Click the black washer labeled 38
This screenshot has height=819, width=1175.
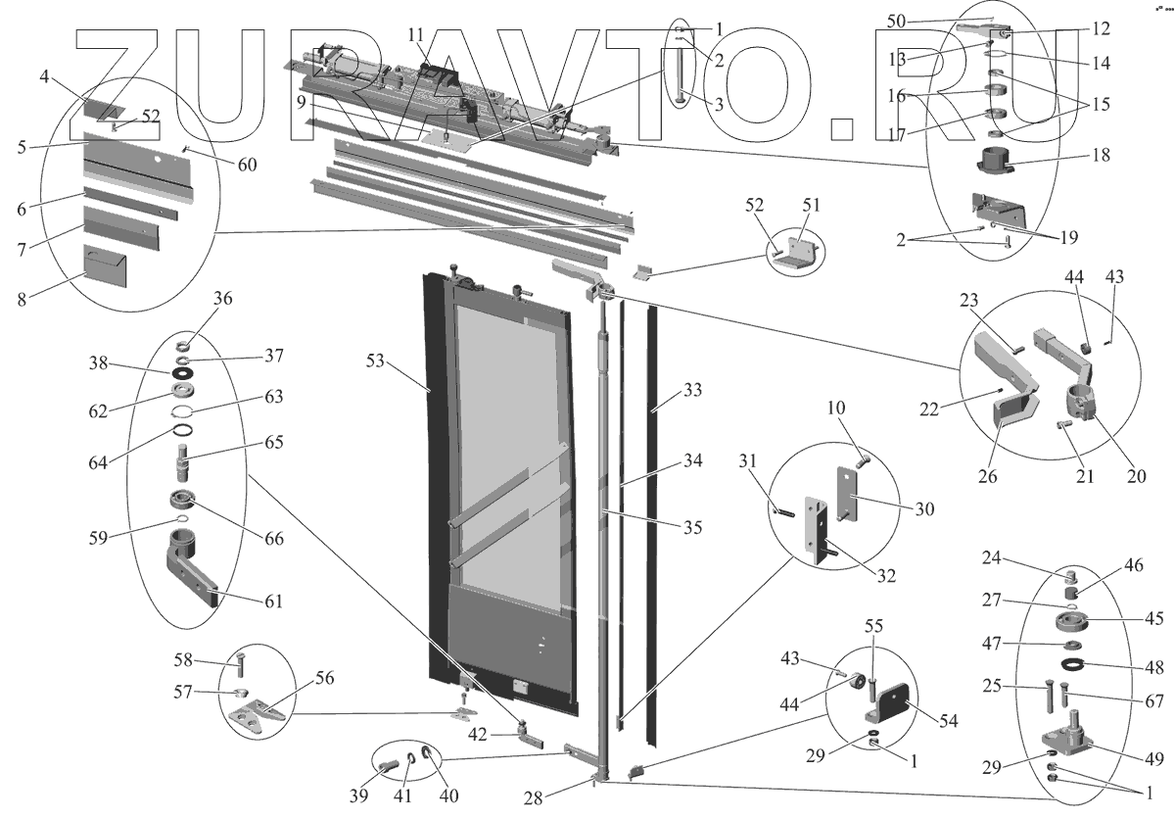point(183,373)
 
